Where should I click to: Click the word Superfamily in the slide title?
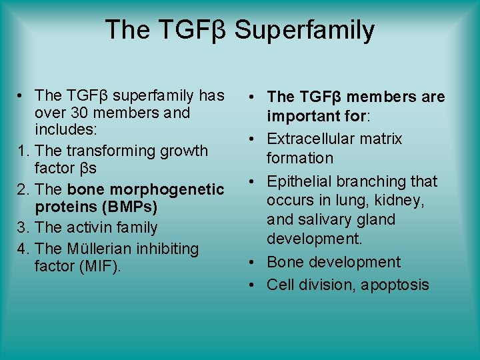(x=305, y=30)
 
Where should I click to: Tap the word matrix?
(x=381, y=139)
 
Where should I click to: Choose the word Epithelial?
(x=299, y=181)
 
